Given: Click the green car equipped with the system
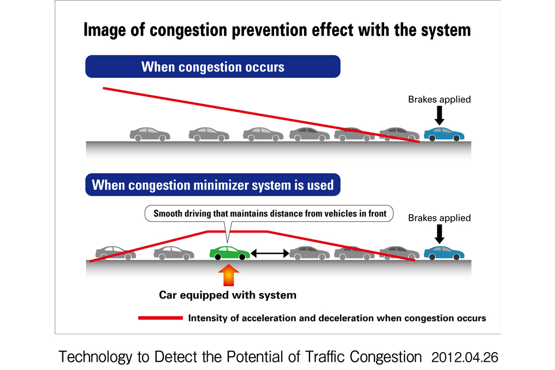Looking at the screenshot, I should pyautogui.click(x=229, y=253).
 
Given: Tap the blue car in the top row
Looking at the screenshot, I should pyautogui.click(x=444, y=134).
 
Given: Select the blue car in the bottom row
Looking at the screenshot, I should pyautogui.click(x=444, y=253).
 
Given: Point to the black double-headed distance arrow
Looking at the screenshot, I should pyautogui.click(x=269, y=253).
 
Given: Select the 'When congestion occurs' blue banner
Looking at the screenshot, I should pyautogui.click(x=212, y=67).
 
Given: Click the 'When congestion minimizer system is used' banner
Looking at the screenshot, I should pyautogui.click(x=212, y=185).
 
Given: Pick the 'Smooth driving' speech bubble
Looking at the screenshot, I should pyautogui.click(x=270, y=214).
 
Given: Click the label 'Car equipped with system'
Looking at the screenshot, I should pyautogui.click(x=228, y=295).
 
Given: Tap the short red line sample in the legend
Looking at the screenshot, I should pyautogui.click(x=160, y=318).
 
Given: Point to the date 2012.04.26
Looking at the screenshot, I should pyautogui.click(x=464, y=358).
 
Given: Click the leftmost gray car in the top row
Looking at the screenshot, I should pyautogui.click(x=150, y=134).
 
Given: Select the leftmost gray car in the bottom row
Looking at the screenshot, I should pyautogui.click(x=115, y=253).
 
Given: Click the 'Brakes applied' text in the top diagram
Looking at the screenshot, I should pyautogui.click(x=439, y=100).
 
